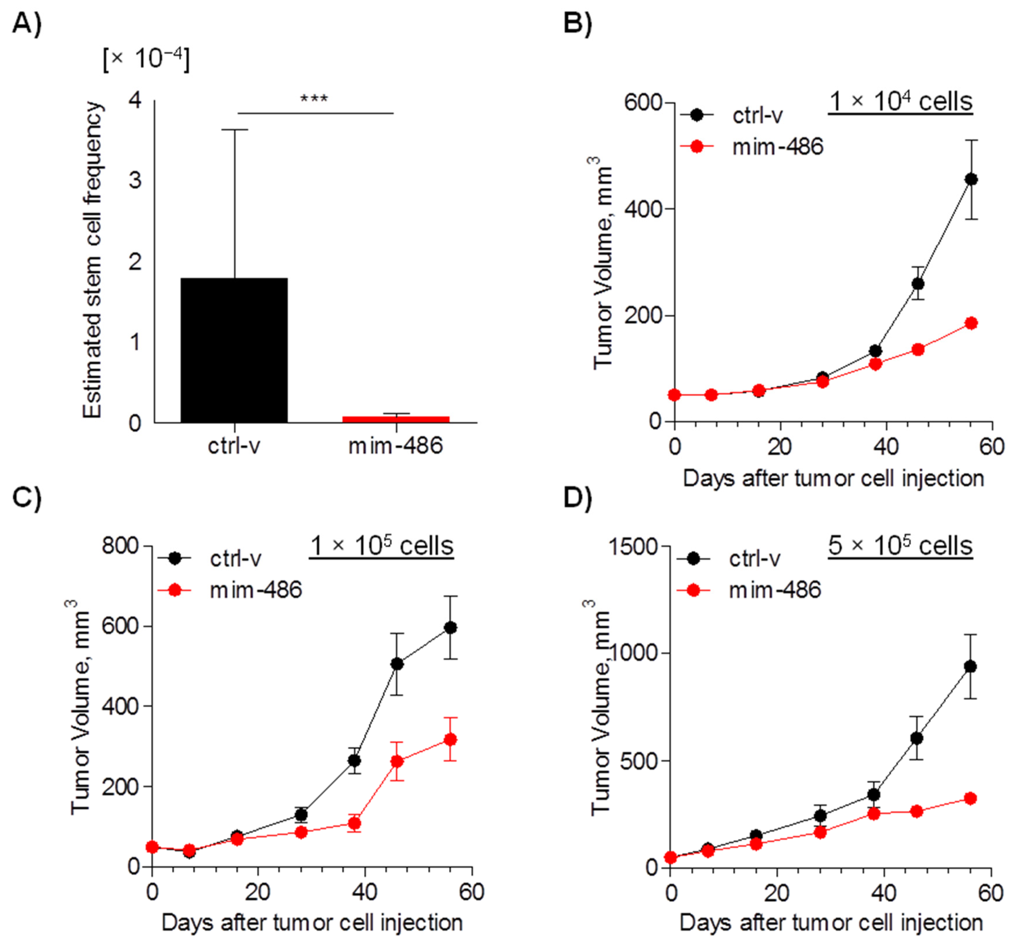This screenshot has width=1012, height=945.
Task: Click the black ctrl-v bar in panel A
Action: pos(234,350)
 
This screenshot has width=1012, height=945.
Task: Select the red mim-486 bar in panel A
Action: pos(396,419)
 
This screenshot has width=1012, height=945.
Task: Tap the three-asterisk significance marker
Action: pos(314,98)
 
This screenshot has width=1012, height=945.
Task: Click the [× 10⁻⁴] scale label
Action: pos(146,60)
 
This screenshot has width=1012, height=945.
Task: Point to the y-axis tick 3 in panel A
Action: pos(135,181)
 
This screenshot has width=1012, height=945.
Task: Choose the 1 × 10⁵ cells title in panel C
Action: pos(381,546)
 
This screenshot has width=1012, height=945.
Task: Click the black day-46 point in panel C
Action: pos(397,664)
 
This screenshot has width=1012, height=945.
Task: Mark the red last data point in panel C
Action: pos(450,739)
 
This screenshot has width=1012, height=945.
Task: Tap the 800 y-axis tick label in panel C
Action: pos(120,546)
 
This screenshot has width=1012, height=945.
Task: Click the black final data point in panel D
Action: pos(970,666)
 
